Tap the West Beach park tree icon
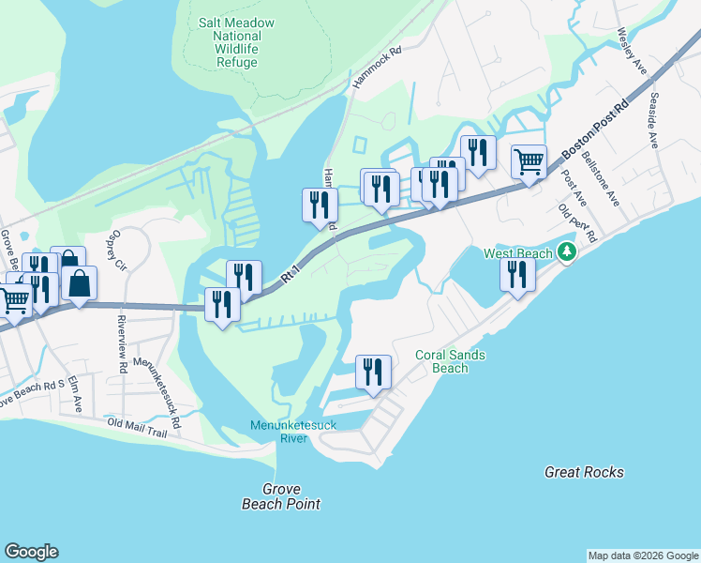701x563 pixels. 566,252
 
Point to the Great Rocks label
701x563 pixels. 584,472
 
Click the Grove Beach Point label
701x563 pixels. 280,496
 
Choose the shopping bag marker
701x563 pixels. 81,282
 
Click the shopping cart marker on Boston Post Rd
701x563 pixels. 529,161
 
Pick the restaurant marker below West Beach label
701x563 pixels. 516,274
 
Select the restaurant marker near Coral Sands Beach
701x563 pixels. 373,372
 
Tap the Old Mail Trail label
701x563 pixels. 137,428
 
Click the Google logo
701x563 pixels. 31,552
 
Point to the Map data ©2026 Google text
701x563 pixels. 643,555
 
